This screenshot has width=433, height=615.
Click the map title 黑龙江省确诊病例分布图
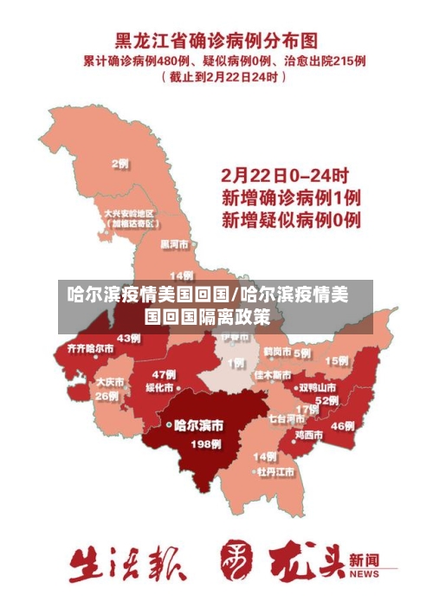coord(217,41)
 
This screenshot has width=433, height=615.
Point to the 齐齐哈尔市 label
coord(84,348)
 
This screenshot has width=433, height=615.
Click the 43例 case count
coord(129,338)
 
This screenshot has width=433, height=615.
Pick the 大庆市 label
coord(110,381)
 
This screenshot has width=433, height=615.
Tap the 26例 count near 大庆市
coord(107,396)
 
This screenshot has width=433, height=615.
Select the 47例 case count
coord(164,374)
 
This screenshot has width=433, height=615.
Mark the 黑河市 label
coord(174,244)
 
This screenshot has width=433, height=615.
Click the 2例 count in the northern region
coord(120,164)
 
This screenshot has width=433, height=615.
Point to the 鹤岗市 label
coord(277,353)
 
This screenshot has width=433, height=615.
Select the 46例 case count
coord(343,425)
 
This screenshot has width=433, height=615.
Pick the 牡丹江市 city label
coord(275,472)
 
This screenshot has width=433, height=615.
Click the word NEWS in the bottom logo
coord(365,573)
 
